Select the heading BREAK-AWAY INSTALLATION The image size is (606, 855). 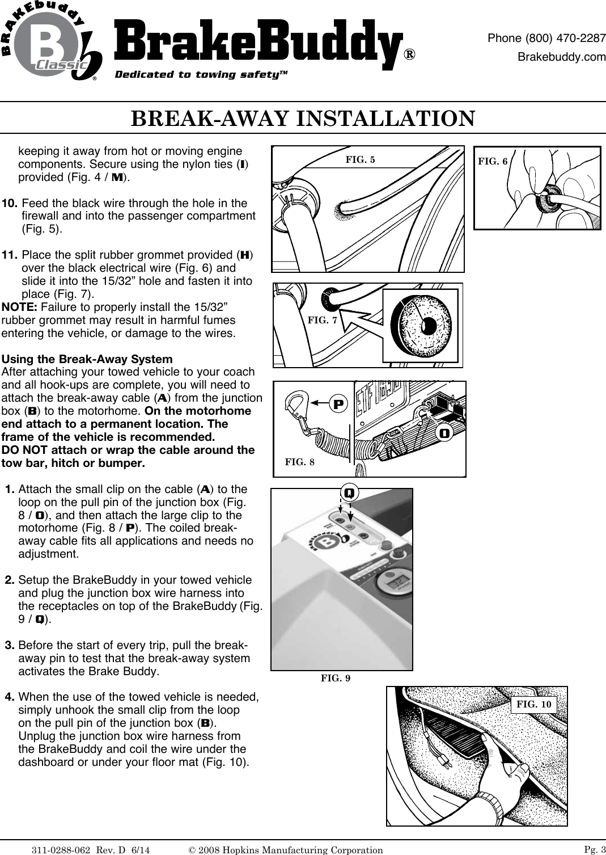tap(303, 119)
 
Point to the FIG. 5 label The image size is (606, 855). tap(360, 159)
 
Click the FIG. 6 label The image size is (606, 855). tap(493, 162)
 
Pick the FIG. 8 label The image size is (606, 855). tap(299, 462)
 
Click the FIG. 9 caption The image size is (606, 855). tap(336, 678)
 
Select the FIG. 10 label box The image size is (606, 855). tap(534, 705)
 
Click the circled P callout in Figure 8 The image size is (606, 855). tap(338, 405)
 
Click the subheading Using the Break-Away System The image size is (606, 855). tap(87, 359)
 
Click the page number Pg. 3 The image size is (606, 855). tap(594, 849)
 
